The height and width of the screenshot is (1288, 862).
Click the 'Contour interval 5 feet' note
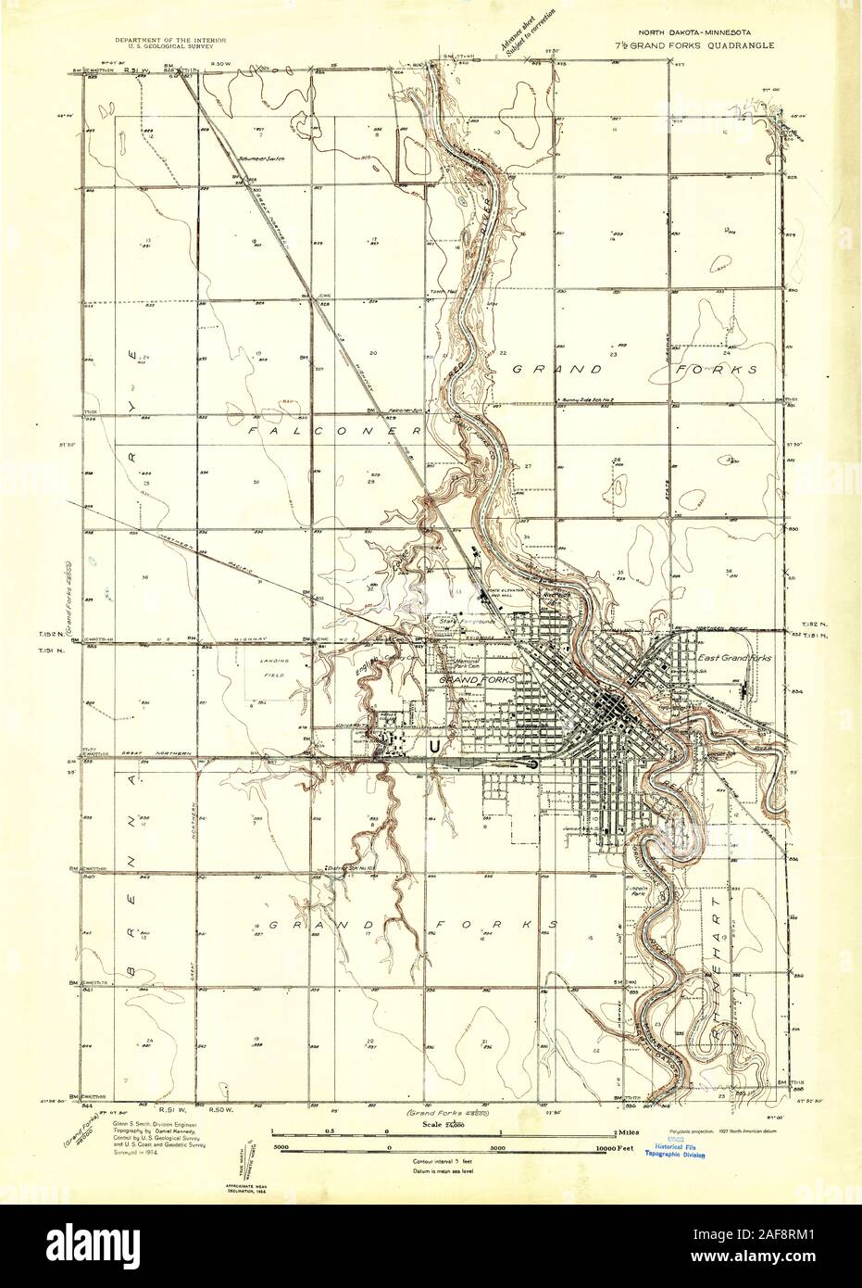click(x=440, y=1160)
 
